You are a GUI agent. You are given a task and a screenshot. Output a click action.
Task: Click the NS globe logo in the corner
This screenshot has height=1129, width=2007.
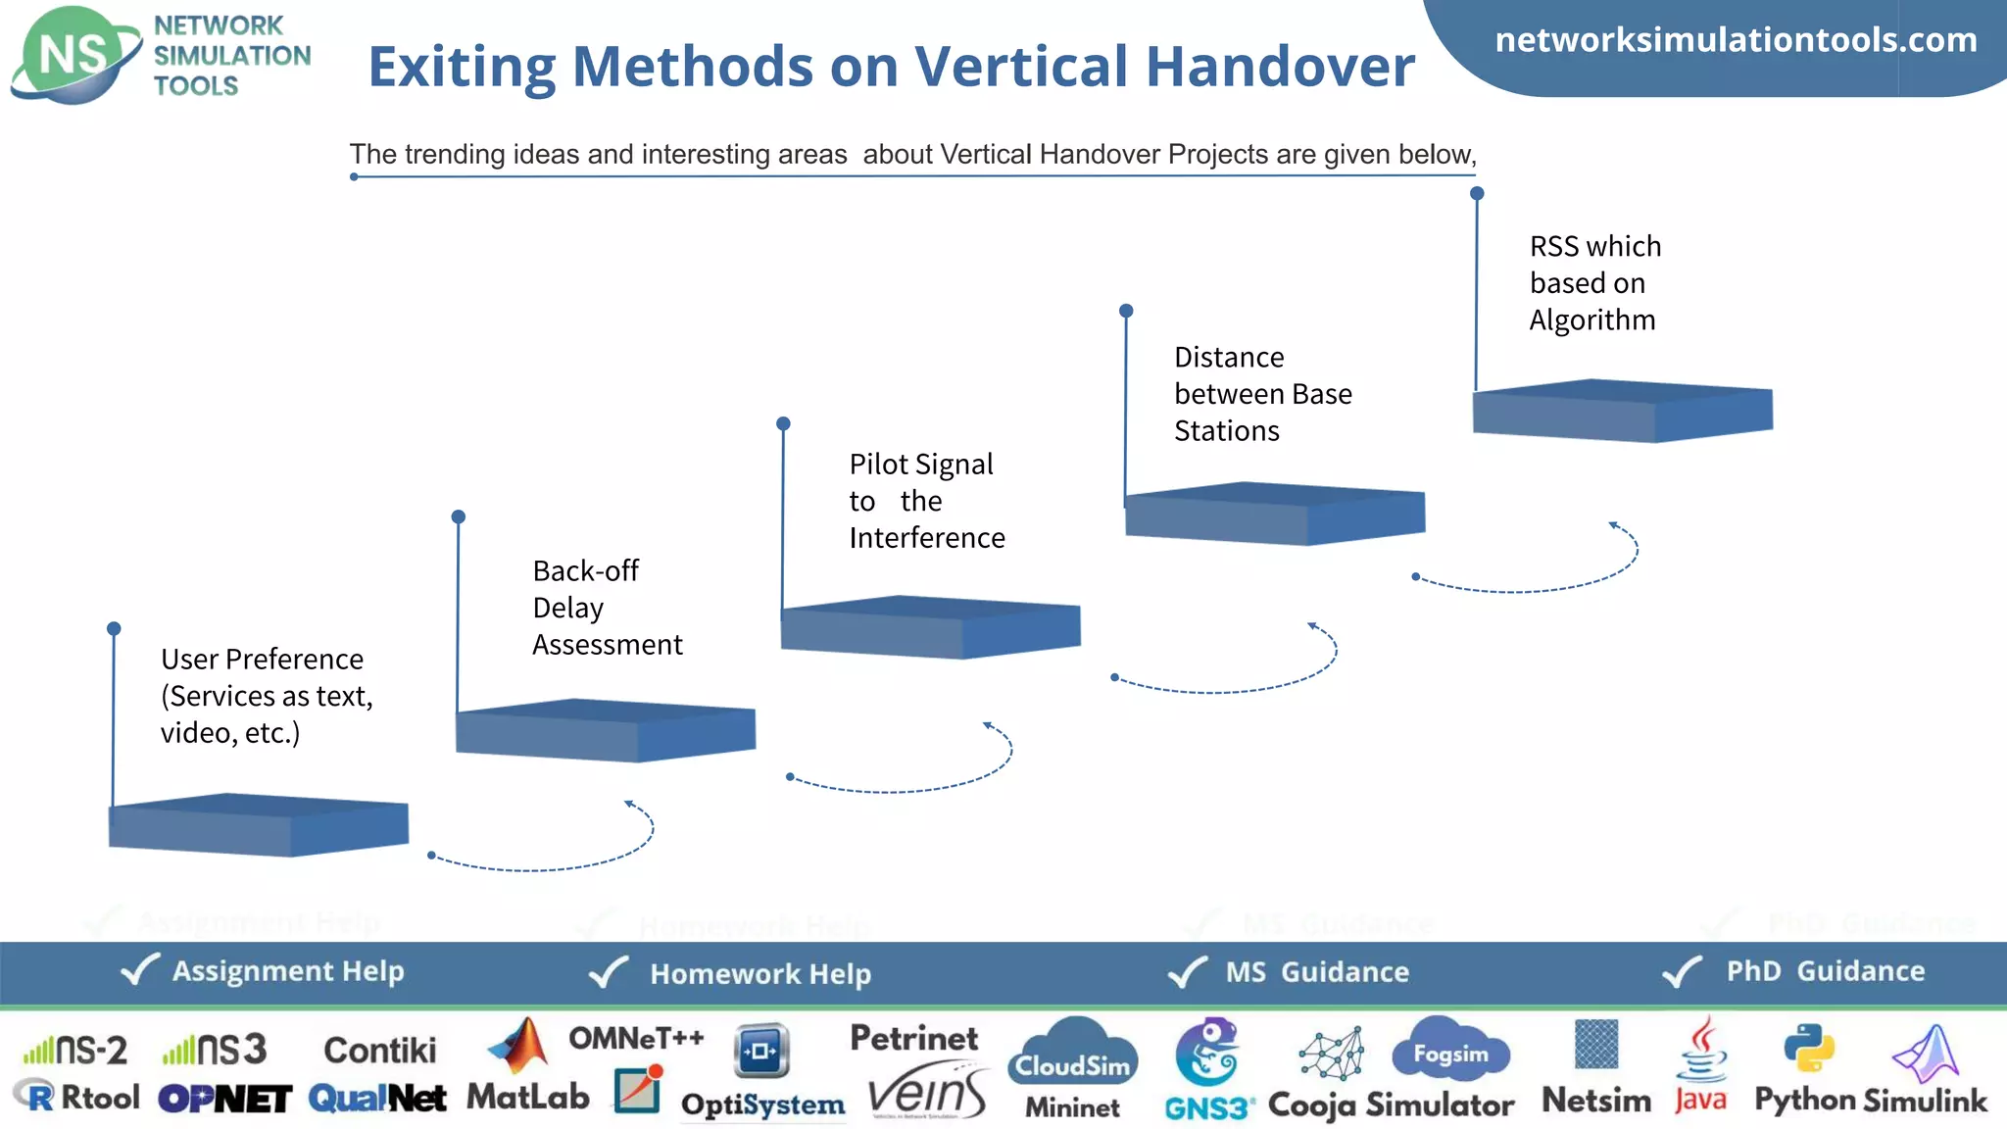(x=74, y=55)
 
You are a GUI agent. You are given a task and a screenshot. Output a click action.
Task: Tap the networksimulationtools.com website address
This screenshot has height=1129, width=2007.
(x=1736, y=40)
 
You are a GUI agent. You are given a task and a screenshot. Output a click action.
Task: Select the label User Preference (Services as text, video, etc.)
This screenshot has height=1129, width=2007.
(x=267, y=696)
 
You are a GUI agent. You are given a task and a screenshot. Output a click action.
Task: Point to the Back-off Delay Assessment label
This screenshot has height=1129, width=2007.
(x=607, y=608)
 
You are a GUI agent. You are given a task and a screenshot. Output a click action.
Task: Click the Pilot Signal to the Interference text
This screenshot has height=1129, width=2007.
(x=926, y=501)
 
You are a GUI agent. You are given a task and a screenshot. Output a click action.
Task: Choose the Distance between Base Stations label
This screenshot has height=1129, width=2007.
(x=1262, y=394)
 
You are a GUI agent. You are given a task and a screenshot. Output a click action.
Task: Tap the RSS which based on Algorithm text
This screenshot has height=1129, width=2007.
(x=1594, y=283)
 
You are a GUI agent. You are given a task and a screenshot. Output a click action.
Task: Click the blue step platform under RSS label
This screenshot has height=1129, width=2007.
(x=1622, y=411)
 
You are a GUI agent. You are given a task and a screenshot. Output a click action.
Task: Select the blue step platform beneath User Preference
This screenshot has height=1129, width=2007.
(x=258, y=824)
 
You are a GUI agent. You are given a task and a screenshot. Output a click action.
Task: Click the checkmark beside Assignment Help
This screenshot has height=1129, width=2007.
(x=140, y=970)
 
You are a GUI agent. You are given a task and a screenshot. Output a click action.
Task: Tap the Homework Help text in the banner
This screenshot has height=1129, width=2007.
(x=760, y=974)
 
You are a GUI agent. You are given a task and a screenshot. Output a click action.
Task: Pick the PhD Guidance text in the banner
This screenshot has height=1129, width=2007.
(x=1825, y=971)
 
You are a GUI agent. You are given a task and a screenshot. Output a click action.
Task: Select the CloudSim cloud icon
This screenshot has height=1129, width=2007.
(x=1073, y=1053)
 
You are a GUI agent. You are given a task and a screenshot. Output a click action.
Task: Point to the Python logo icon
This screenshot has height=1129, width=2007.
(x=1808, y=1048)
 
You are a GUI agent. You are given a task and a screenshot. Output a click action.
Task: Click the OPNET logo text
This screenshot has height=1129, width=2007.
(x=224, y=1100)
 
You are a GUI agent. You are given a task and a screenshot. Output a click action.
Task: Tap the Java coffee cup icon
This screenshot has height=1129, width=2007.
(x=1702, y=1050)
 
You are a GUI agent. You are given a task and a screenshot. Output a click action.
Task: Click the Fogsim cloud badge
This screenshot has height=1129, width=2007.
(x=1450, y=1052)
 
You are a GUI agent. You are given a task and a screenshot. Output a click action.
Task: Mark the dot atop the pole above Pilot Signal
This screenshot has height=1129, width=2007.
(x=783, y=424)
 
